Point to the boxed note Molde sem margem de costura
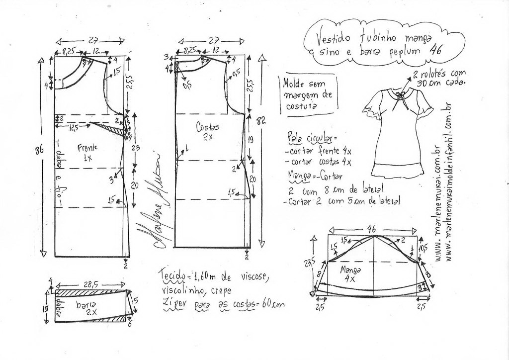click(x=307, y=92)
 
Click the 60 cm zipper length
click(x=271, y=303)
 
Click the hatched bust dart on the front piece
click(x=114, y=130)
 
